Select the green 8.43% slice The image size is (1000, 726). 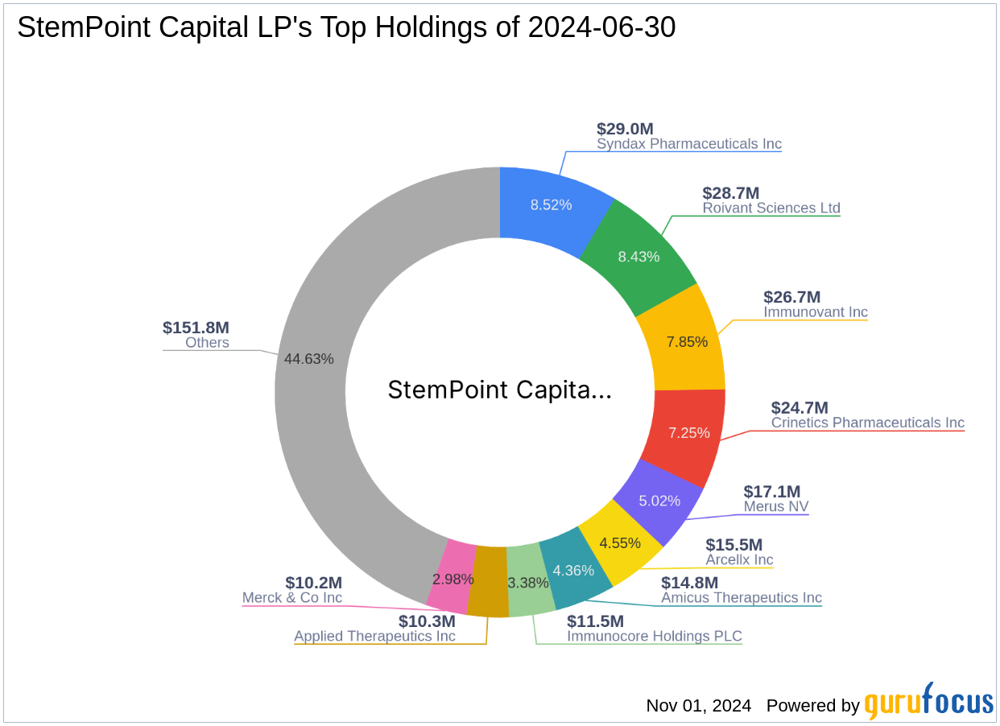click(x=638, y=256)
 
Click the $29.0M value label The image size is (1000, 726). click(x=625, y=129)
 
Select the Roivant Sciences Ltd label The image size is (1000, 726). click(x=771, y=208)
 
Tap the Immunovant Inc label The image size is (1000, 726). click(x=816, y=311)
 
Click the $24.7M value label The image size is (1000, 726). click(x=800, y=408)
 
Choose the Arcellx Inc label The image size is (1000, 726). click(x=739, y=559)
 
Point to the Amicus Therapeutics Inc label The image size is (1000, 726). click(x=742, y=597)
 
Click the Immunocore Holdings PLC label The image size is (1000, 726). click(x=655, y=636)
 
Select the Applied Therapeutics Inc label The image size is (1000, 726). click(x=374, y=636)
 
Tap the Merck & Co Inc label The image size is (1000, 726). click(x=292, y=597)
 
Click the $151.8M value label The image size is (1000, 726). click(x=196, y=328)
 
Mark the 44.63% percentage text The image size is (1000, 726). click(x=308, y=359)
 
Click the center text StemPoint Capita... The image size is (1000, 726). click(x=499, y=390)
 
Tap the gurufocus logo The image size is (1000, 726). click(x=929, y=702)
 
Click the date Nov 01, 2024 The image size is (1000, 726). click(x=698, y=706)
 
